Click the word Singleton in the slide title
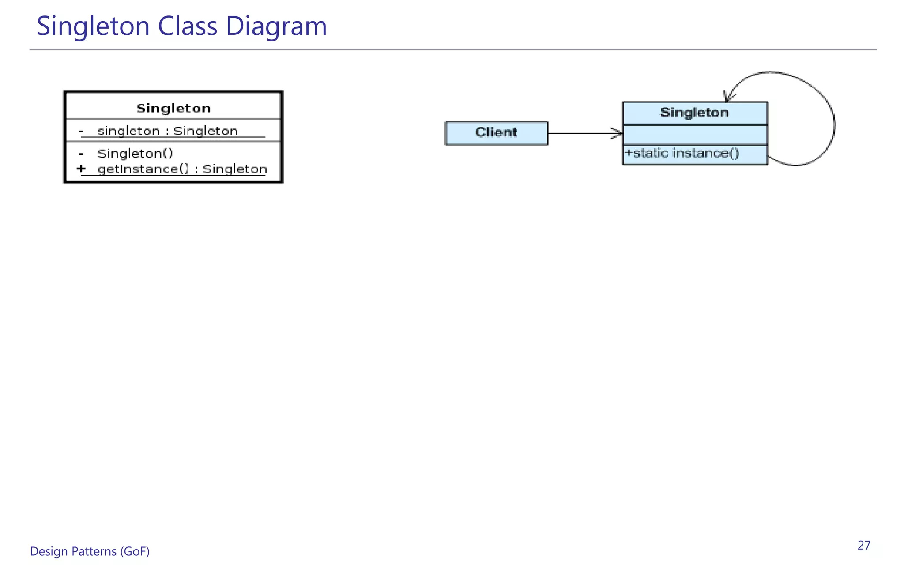[93, 26]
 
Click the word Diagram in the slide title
[276, 26]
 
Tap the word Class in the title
[188, 26]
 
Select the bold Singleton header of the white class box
[173, 108]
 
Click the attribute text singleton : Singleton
[168, 131]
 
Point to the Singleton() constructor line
[136, 154]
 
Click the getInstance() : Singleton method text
[182, 169]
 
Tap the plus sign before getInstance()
[81, 169]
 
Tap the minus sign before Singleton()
[81, 154]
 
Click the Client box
[496, 133]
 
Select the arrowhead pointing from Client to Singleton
[618, 133]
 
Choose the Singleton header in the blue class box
[694, 113]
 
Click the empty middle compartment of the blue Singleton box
[695, 135]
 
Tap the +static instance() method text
[682, 154]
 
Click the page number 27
[864, 546]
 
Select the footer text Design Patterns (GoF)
[90, 551]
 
